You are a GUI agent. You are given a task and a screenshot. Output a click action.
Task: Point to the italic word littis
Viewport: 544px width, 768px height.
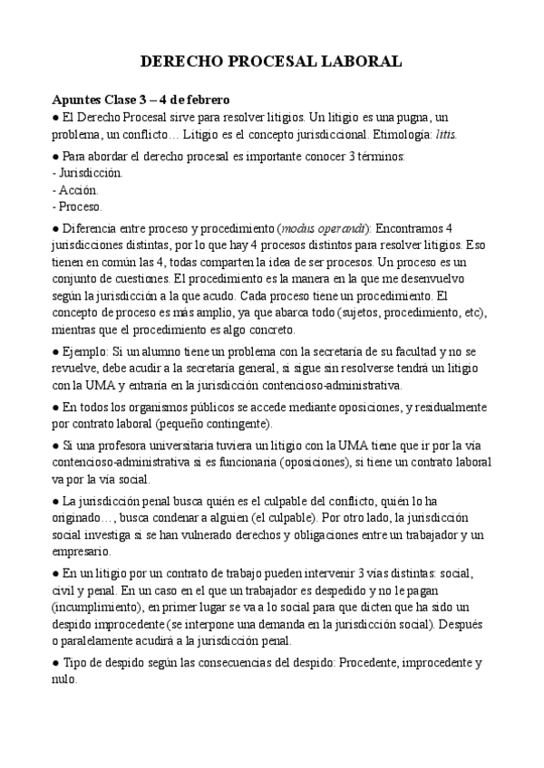(x=444, y=134)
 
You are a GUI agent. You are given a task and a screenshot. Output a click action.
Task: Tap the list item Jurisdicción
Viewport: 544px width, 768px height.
(x=90, y=172)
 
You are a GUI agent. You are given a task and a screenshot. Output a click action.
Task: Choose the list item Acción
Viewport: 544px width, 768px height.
(x=79, y=189)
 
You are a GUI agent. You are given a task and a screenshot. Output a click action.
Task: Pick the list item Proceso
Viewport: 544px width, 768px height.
(x=82, y=206)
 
